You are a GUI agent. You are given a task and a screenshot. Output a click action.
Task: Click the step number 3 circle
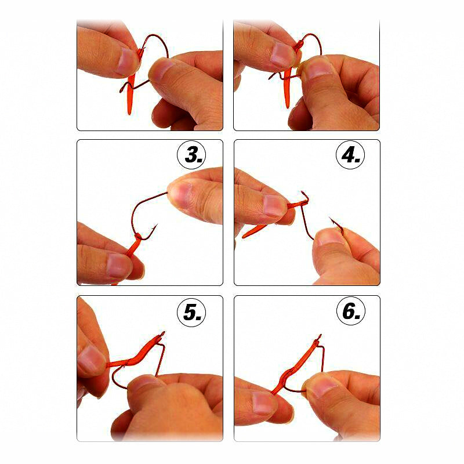point(192,155)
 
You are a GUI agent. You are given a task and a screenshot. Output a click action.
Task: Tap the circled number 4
point(351,155)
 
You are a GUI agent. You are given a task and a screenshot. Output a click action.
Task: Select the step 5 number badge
point(192,312)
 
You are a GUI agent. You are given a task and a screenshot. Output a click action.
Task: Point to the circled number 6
point(351,311)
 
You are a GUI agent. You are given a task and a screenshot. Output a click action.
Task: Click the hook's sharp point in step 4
point(329,218)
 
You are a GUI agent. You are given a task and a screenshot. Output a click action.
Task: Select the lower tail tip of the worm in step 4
point(243,237)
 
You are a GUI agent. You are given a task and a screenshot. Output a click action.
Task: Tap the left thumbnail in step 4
point(273,206)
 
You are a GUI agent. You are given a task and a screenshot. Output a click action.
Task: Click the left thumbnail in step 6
point(262,402)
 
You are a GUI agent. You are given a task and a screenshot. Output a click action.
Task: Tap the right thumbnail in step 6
point(324,387)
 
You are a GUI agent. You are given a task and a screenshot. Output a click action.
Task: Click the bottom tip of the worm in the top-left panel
point(129,113)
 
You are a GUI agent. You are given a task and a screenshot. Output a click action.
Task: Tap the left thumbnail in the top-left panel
point(126,61)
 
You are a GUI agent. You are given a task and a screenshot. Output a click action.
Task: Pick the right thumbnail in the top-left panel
point(161,70)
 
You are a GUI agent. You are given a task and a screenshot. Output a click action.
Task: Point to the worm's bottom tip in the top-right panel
point(288,107)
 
